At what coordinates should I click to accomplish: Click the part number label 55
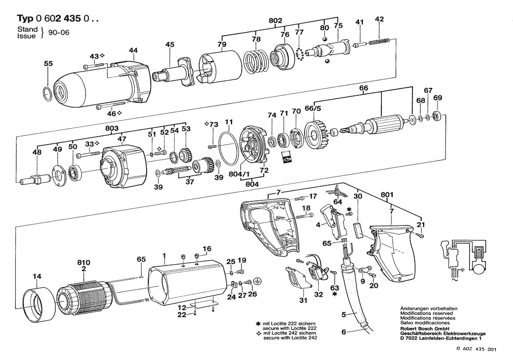(48, 64)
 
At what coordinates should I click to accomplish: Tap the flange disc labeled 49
(58, 175)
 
